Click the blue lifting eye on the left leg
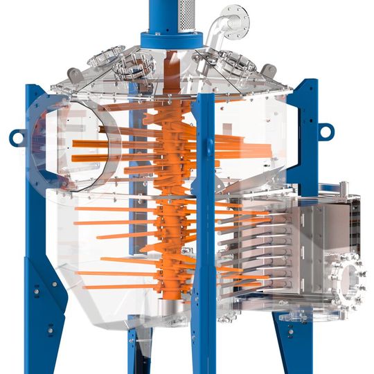15,139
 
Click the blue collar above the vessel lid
172,39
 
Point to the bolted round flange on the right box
350,280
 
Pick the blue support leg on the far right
305,139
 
